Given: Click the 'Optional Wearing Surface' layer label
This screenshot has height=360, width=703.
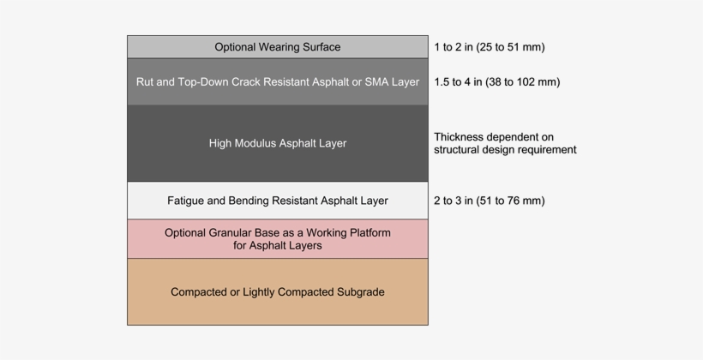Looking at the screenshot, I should pyautogui.click(x=277, y=47).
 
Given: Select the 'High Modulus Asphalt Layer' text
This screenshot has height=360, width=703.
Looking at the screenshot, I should pyautogui.click(x=277, y=143).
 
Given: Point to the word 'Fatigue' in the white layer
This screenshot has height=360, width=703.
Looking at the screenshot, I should pyautogui.click(x=185, y=201).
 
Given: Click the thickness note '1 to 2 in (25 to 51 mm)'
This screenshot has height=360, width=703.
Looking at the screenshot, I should pyautogui.click(x=489, y=47).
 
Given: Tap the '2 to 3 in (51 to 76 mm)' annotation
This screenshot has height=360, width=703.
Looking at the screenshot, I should pyautogui.click(x=489, y=201).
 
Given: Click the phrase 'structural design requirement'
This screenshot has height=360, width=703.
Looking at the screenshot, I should pyautogui.click(x=504, y=150).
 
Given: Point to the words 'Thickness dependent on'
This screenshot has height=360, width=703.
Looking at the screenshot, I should pyautogui.click(x=494, y=136).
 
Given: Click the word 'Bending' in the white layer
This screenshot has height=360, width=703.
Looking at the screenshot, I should pyautogui.click(x=249, y=201).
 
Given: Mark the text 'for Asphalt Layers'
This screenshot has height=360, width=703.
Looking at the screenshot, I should pyautogui.click(x=277, y=245).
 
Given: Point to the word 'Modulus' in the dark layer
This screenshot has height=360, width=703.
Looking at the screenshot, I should pyautogui.click(x=260, y=143).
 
